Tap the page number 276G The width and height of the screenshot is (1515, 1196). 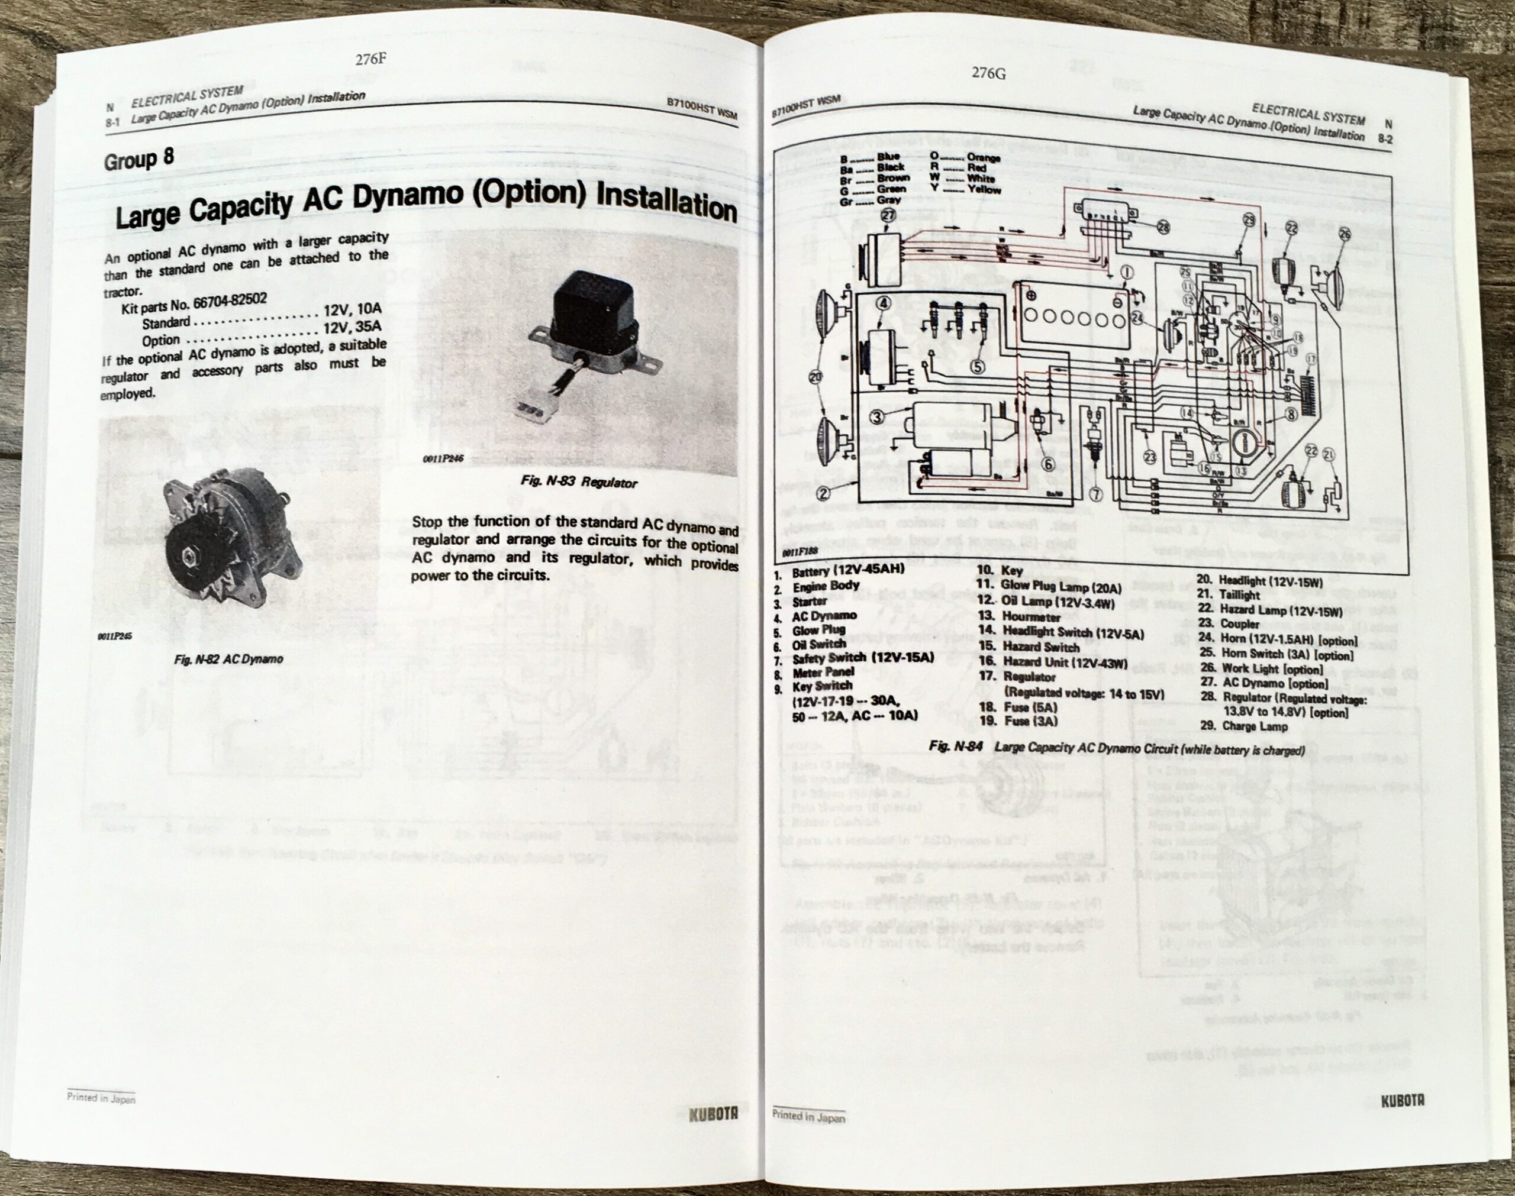(x=989, y=73)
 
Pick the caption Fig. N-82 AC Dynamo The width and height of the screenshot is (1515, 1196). (x=228, y=659)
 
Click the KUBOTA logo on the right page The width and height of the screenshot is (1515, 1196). (x=1403, y=1101)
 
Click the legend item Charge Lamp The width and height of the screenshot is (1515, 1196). (x=1255, y=726)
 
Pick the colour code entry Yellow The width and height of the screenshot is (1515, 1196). (x=984, y=190)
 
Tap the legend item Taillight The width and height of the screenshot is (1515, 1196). (x=1239, y=594)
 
